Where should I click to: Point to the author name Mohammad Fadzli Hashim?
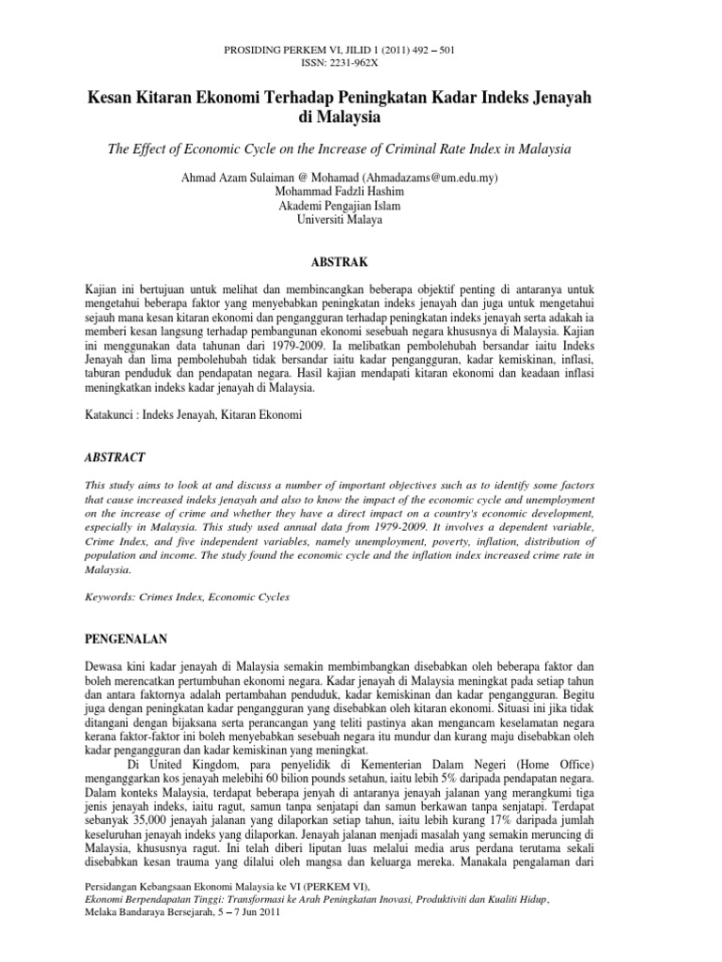point(360,192)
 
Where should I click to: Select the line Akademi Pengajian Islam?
point(360,206)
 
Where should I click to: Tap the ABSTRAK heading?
point(360,260)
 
